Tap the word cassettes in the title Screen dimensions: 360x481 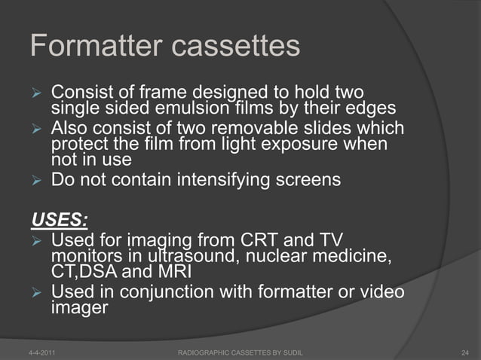[x=237, y=47]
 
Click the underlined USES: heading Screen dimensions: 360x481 [x=59, y=221]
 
